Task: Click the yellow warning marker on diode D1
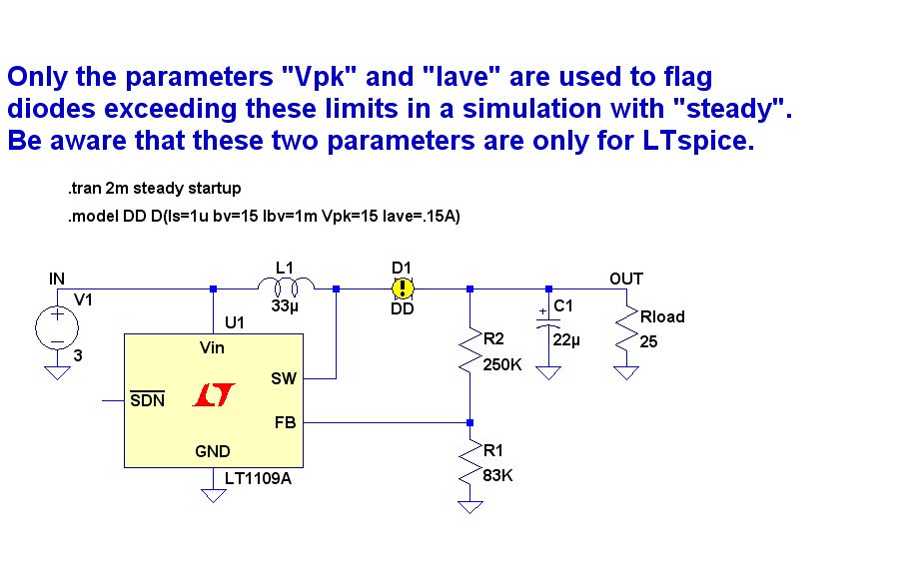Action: [403, 287]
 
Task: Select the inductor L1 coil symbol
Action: [286, 286]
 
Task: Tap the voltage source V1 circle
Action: [57, 327]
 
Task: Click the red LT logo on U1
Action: [214, 394]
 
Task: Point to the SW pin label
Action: [284, 379]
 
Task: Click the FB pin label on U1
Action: [286, 423]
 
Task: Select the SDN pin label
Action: [147, 399]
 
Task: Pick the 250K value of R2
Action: [502, 364]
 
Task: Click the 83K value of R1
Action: [497, 475]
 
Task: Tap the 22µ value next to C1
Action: [565, 340]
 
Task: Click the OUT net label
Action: [626, 280]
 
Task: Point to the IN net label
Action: [57, 280]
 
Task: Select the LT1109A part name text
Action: [258, 478]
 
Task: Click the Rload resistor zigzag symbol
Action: [626, 329]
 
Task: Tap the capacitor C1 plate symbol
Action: [548, 323]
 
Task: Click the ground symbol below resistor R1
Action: [470, 507]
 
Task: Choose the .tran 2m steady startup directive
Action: [154, 189]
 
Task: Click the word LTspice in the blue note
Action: [698, 141]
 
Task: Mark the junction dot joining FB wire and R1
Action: [470, 423]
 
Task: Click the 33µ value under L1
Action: [285, 305]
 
